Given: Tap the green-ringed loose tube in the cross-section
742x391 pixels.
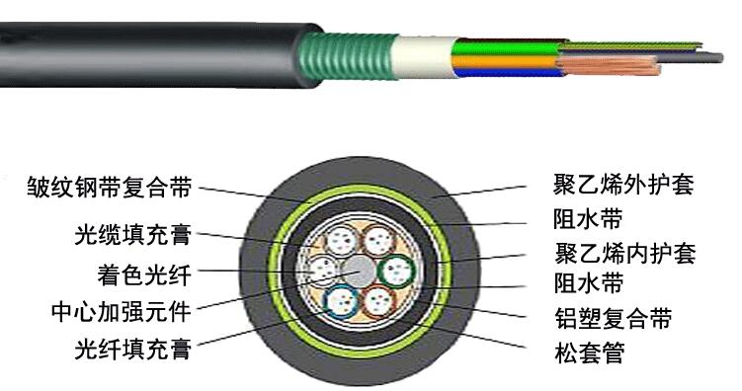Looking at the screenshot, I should [x=399, y=269].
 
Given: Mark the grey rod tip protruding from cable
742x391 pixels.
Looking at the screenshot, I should [x=697, y=59].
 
